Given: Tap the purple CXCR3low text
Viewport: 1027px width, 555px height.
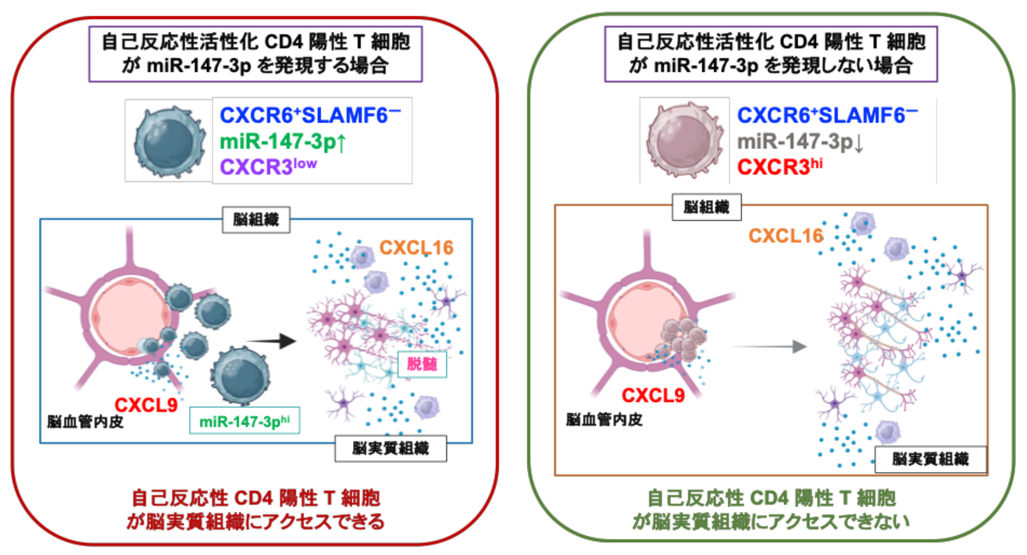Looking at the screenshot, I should pyautogui.click(x=268, y=167).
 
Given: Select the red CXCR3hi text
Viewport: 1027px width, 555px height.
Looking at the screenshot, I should pyautogui.click(x=780, y=167).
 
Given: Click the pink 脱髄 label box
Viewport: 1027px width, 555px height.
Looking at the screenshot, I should pyautogui.click(x=422, y=364).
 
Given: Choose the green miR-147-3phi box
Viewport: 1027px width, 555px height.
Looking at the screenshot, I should pyautogui.click(x=245, y=421).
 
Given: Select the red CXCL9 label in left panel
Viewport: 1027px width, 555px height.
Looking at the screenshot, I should pyautogui.click(x=146, y=405).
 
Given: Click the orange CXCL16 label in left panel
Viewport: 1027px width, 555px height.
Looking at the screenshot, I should pyautogui.click(x=416, y=248).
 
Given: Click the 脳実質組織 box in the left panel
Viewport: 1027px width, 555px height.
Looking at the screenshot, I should pyautogui.click(x=390, y=448).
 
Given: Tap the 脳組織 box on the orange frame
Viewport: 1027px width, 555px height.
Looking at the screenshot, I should pyautogui.click(x=706, y=207).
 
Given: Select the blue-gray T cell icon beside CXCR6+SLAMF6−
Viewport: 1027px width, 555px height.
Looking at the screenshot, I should pyautogui.click(x=170, y=142).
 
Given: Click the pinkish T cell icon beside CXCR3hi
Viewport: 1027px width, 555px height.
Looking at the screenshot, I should pyautogui.click(x=684, y=140).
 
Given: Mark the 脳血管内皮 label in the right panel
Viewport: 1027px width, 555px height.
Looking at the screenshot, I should pyautogui.click(x=604, y=420).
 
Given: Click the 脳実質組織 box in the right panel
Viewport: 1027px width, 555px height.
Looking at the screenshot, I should pyautogui.click(x=930, y=459).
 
